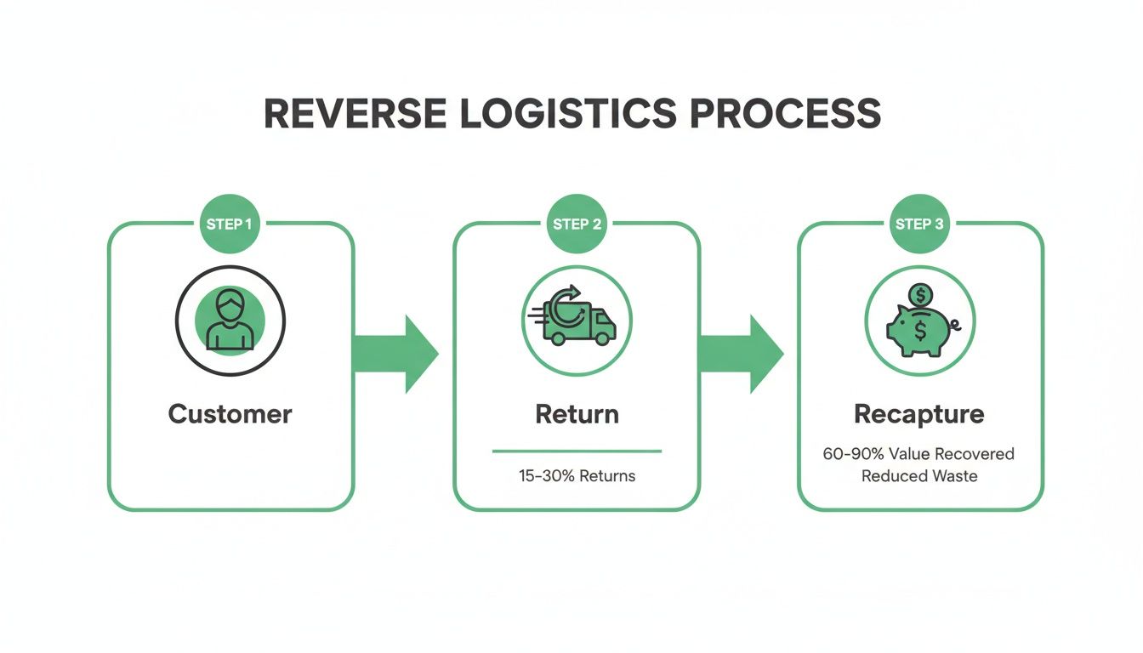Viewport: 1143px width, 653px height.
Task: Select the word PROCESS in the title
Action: pos(785,114)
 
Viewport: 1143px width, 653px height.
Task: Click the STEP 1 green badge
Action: pos(230,224)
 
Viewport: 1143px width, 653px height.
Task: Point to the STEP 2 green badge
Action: pos(577,224)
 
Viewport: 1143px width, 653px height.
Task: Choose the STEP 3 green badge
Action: pos(919,224)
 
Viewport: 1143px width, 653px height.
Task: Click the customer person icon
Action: pos(230,321)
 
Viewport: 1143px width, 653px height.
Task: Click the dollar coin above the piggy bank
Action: pos(919,295)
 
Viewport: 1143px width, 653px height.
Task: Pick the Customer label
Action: pos(230,414)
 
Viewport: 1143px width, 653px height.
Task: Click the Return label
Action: pos(577,414)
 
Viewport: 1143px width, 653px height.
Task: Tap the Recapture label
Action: pos(919,414)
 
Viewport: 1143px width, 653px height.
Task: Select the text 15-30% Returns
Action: pos(577,475)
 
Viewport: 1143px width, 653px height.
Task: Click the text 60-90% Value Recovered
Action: pos(919,454)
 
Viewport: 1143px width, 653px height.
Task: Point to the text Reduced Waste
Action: pos(919,476)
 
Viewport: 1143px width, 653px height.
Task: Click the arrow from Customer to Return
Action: pos(395,354)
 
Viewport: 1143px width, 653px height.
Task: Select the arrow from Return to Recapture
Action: pos(741,354)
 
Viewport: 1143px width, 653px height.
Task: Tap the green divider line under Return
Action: pos(577,451)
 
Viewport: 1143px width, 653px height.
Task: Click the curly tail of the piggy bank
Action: pos(956,324)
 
